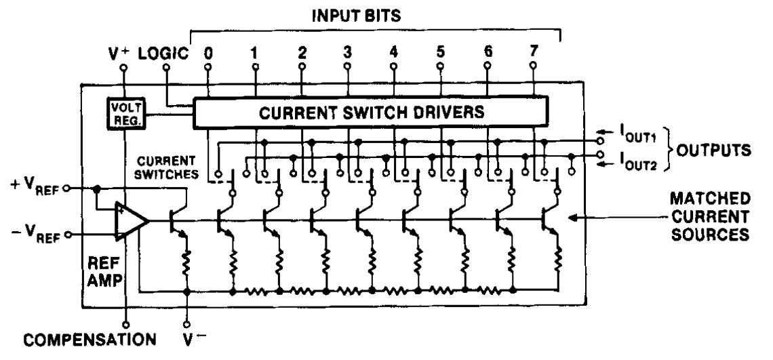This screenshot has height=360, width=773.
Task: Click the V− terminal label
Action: [187, 337]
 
